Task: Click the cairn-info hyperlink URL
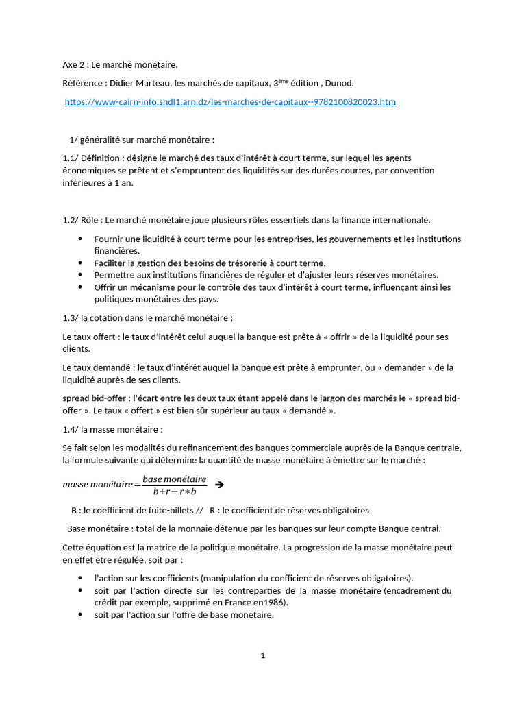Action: coord(230,102)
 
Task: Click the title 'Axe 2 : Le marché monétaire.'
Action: coord(120,65)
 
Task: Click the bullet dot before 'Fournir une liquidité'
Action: coord(79,239)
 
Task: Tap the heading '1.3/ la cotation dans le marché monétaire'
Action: coord(147,318)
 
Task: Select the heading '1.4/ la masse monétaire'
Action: coord(112,430)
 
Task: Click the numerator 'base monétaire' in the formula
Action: coord(174,479)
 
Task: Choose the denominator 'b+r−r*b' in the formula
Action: coord(175,491)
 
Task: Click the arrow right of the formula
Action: coord(219,485)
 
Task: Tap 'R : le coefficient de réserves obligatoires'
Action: coord(289,511)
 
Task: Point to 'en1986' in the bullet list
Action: coord(273,603)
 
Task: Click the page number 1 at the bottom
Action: coord(262,655)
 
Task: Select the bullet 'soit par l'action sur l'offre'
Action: coord(184,615)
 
